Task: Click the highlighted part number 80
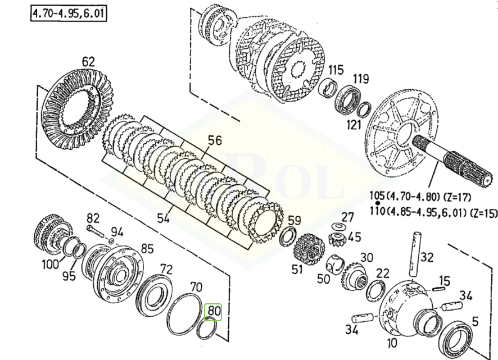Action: (x=214, y=310)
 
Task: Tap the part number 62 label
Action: (x=88, y=61)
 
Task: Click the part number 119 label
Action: (x=360, y=78)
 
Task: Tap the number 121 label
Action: (x=353, y=124)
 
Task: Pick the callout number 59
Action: (x=294, y=220)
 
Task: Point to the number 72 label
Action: (x=166, y=268)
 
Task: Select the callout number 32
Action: (x=427, y=257)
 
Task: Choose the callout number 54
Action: (x=163, y=217)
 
